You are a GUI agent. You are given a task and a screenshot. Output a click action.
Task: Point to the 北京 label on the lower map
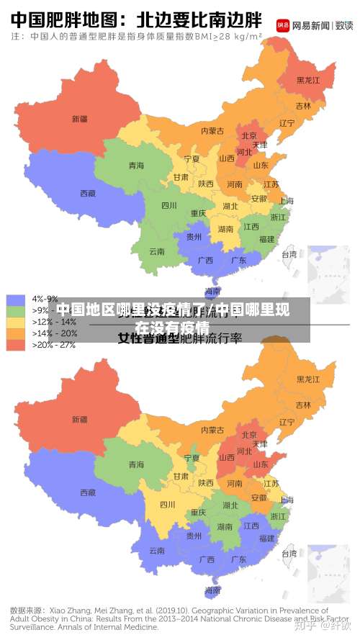coord(249,435)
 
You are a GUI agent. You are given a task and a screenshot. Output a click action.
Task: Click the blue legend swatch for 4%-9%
coord(15,299)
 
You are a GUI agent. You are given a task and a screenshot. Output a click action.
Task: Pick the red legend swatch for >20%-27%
coord(15,345)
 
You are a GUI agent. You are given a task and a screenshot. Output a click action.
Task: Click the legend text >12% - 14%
coord(55,322)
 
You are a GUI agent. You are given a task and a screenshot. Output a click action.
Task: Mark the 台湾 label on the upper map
coord(289,253)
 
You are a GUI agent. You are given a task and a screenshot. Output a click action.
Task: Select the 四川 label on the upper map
coord(168,205)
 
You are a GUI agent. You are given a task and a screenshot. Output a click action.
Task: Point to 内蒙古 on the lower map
coord(212,431)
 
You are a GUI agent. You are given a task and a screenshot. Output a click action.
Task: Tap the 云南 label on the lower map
coord(156,551)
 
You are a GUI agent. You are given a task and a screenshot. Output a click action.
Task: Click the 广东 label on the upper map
coord(238,260)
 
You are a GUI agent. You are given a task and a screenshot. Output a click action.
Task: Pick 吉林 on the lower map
coord(303,405)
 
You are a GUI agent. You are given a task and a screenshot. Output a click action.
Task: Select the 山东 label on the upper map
coord(260,166)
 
